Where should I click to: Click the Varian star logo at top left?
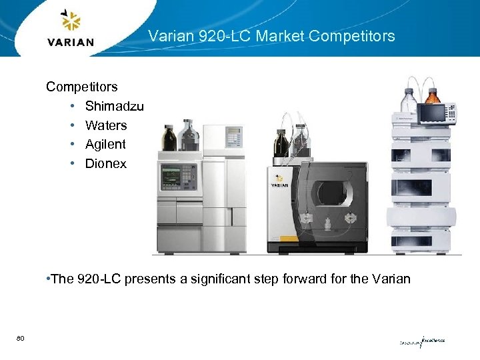click(71, 21)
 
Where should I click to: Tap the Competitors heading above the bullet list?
click(81, 87)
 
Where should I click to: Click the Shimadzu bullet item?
click(114, 106)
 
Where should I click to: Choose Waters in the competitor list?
click(105, 125)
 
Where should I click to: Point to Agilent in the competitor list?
click(105, 144)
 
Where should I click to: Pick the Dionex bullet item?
click(105, 163)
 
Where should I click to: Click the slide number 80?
click(21, 339)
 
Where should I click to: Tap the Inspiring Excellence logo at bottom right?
click(422, 341)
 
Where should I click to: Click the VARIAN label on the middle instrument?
click(279, 185)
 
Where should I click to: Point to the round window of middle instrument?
click(331, 193)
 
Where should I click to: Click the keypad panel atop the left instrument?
click(233, 137)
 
